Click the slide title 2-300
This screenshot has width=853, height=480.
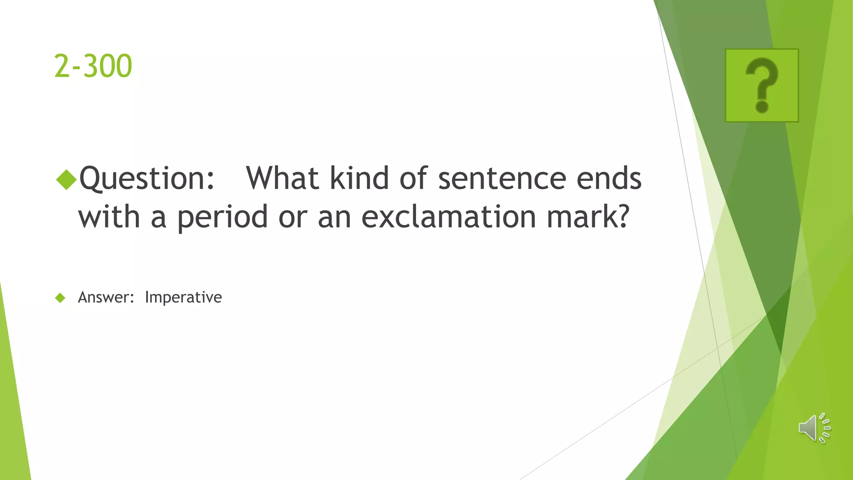click(x=93, y=66)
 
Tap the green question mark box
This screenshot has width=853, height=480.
click(x=762, y=85)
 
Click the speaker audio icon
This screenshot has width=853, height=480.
click(x=814, y=428)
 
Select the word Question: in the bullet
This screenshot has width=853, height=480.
click(x=147, y=178)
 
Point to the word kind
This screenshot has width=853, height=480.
click(x=359, y=178)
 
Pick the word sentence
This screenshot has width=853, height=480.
click(x=502, y=178)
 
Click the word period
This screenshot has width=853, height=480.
click(x=222, y=217)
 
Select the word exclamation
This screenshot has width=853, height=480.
click(x=449, y=217)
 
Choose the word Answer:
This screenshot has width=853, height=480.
click(x=106, y=297)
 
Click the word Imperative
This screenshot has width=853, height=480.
click(x=183, y=297)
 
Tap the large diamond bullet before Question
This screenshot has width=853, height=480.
click(x=67, y=179)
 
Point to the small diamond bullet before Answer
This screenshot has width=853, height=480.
click(x=60, y=297)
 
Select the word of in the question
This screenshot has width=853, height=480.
click(x=413, y=178)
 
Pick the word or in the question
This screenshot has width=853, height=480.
click(x=293, y=217)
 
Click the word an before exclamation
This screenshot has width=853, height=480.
click(x=334, y=217)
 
